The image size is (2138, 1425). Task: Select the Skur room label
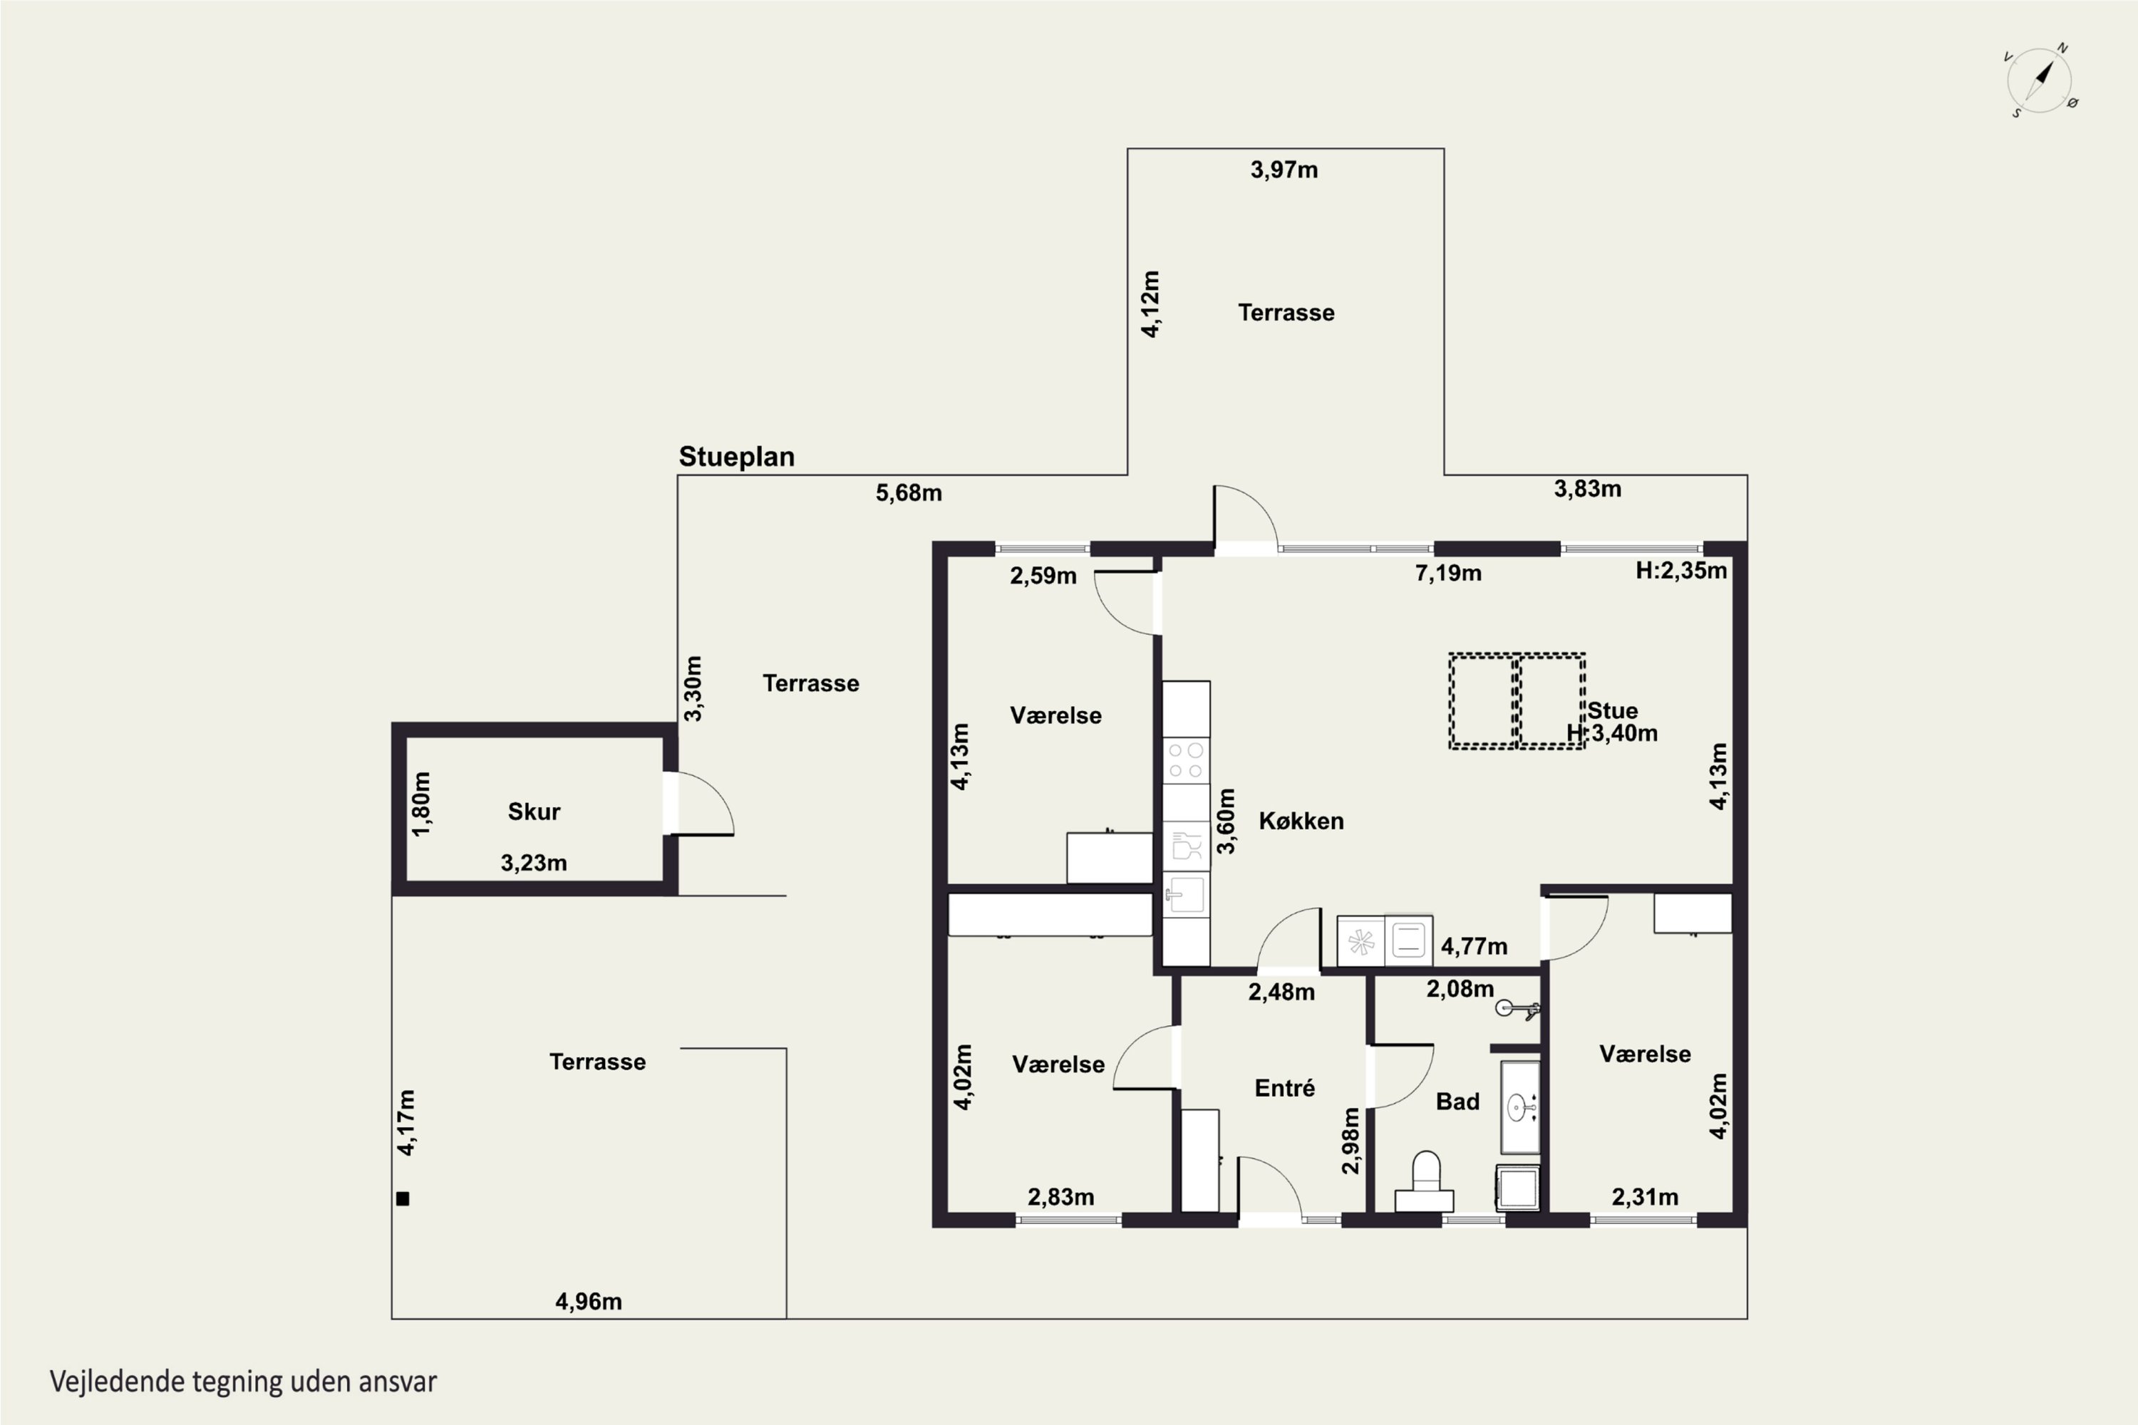point(534,812)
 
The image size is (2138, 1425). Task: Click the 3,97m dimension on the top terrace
point(1284,170)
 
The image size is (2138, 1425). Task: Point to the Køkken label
point(1301,822)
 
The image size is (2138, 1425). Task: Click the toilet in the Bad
point(1425,1181)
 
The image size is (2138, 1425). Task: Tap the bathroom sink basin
point(1519,1107)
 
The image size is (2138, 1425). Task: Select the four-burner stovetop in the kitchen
point(1187,761)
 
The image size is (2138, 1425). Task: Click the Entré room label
point(1284,1088)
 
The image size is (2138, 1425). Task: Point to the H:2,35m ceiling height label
point(1680,571)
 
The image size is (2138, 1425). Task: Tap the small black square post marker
point(403,1198)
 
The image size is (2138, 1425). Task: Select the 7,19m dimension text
point(1448,574)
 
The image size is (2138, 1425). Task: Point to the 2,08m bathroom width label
point(1460,989)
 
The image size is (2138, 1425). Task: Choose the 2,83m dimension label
point(1061,1197)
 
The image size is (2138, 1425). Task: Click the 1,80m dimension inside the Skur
point(421,804)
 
